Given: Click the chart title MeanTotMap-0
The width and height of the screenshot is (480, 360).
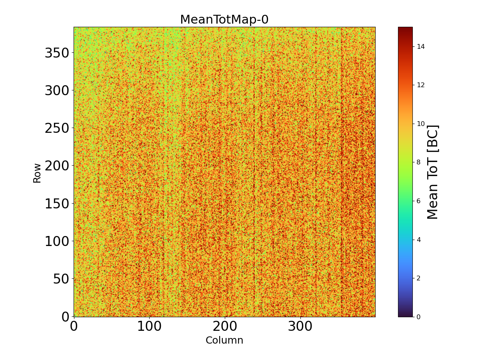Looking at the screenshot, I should point(224,20).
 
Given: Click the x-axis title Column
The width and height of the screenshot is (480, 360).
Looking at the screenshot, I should point(224,340).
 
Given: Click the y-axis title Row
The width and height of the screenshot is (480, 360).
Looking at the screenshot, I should point(37,173).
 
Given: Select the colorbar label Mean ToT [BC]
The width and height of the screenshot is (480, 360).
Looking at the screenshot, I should point(433,172).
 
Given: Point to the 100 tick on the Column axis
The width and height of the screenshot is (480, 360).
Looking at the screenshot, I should point(149,326).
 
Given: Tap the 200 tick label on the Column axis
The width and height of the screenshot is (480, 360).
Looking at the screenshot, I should point(225,326).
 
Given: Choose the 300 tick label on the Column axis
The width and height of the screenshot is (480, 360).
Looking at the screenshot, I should point(300,326).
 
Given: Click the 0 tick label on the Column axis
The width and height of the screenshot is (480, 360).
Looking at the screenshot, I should point(74,326).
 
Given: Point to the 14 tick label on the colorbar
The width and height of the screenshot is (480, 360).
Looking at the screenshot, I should point(420,47).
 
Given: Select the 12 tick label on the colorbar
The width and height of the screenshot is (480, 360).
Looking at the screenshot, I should point(420,85).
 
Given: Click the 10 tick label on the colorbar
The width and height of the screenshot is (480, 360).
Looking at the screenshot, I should point(420,124).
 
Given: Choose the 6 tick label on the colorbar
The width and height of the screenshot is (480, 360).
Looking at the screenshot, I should point(419,201).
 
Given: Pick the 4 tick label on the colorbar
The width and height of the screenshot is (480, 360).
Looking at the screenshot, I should point(419,240).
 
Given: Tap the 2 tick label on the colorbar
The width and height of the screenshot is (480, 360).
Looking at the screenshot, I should point(419,278).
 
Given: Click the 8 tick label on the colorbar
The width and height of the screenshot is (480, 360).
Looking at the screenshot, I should point(419,162).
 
